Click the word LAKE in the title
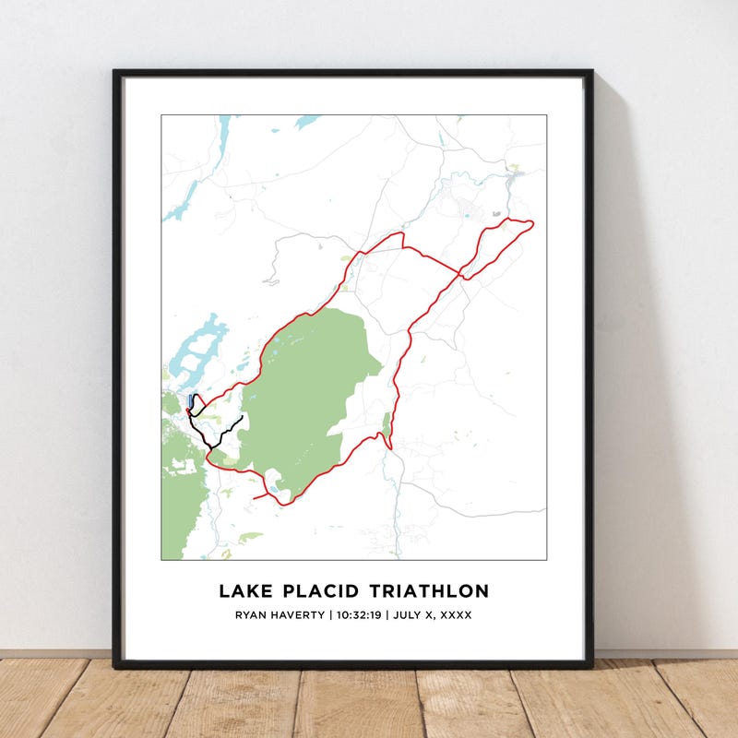coord(244,590)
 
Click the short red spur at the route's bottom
coord(262,497)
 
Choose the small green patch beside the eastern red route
coord(386,425)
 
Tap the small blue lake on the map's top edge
coord(306,121)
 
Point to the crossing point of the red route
coord(461,273)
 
